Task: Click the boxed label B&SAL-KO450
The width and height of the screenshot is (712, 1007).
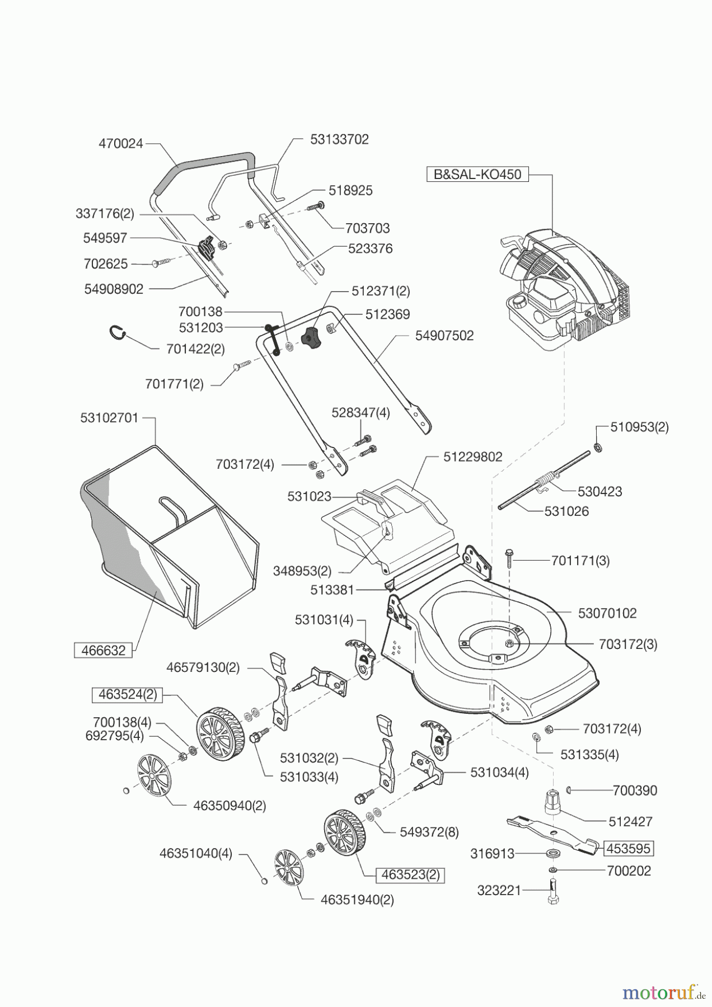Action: [477, 174]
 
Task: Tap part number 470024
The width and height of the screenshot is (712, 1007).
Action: [121, 144]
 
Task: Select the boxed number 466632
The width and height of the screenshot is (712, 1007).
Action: [104, 651]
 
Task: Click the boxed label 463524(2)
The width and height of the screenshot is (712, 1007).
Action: [128, 694]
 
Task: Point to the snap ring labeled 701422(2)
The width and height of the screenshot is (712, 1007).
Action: [116, 333]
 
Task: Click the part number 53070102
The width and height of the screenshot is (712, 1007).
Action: [607, 613]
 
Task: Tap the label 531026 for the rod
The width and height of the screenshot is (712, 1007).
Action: [566, 511]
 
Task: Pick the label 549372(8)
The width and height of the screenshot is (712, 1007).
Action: [429, 832]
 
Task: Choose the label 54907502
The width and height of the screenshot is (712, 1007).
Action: [444, 336]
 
